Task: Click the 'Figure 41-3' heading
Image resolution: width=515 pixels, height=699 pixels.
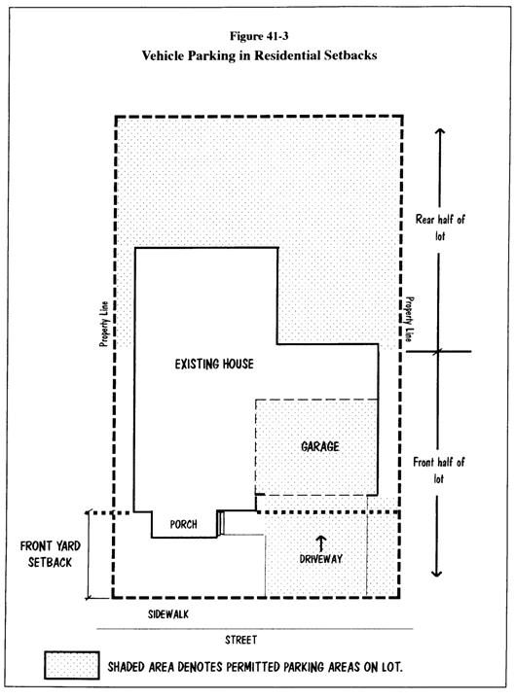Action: click(259, 36)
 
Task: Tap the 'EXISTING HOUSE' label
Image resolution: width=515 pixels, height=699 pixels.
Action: click(214, 364)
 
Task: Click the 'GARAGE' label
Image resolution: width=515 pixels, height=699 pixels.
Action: click(320, 446)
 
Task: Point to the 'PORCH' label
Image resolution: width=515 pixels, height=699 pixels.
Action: click(183, 524)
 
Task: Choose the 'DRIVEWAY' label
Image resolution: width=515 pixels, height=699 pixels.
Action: click(321, 559)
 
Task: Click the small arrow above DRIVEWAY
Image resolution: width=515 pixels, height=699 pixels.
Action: click(321, 543)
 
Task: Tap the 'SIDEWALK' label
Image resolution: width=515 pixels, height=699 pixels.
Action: click(168, 614)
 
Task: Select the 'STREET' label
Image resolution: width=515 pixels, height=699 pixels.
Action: click(241, 640)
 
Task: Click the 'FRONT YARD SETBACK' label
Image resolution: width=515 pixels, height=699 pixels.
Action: click(50, 554)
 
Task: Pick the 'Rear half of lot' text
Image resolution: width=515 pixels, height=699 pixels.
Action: click(440, 227)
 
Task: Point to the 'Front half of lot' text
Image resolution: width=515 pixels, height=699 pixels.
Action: click(439, 471)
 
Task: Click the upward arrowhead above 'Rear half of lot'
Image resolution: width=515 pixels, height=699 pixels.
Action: click(440, 132)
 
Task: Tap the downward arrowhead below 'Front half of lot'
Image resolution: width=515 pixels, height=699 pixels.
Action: click(437, 573)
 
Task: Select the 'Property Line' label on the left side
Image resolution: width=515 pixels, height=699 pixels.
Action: click(104, 324)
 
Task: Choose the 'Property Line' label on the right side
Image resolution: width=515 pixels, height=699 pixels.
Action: click(408, 319)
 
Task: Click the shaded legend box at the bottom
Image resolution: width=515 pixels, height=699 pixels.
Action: click(72, 666)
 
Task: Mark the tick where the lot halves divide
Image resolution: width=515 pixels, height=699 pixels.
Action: click(438, 351)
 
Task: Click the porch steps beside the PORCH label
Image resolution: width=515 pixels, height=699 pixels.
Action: click(220, 523)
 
